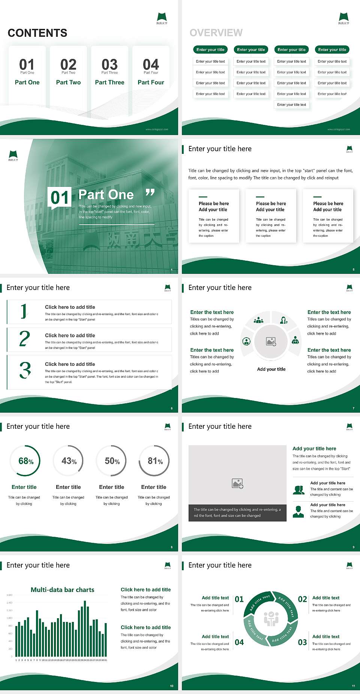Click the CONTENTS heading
point(37,33)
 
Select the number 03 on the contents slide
point(109,65)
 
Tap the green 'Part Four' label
point(151,82)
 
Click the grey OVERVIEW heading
point(216,33)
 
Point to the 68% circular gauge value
point(26,461)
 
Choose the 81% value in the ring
point(155,461)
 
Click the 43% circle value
point(69,461)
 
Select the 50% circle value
point(112,461)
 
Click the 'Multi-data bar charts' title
point(62,590)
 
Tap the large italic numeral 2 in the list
point(24,339)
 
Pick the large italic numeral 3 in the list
point(25,370)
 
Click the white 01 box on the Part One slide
point(60,198)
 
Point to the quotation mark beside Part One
point(150,193)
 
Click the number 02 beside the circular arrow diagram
point(302,599)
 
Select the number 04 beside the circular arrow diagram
point(239,642)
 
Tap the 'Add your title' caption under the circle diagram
point(271,369)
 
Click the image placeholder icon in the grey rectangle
point(237,484)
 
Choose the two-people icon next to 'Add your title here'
point(298,490)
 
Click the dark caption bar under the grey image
point(237,513)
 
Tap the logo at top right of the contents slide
point(162,18)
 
